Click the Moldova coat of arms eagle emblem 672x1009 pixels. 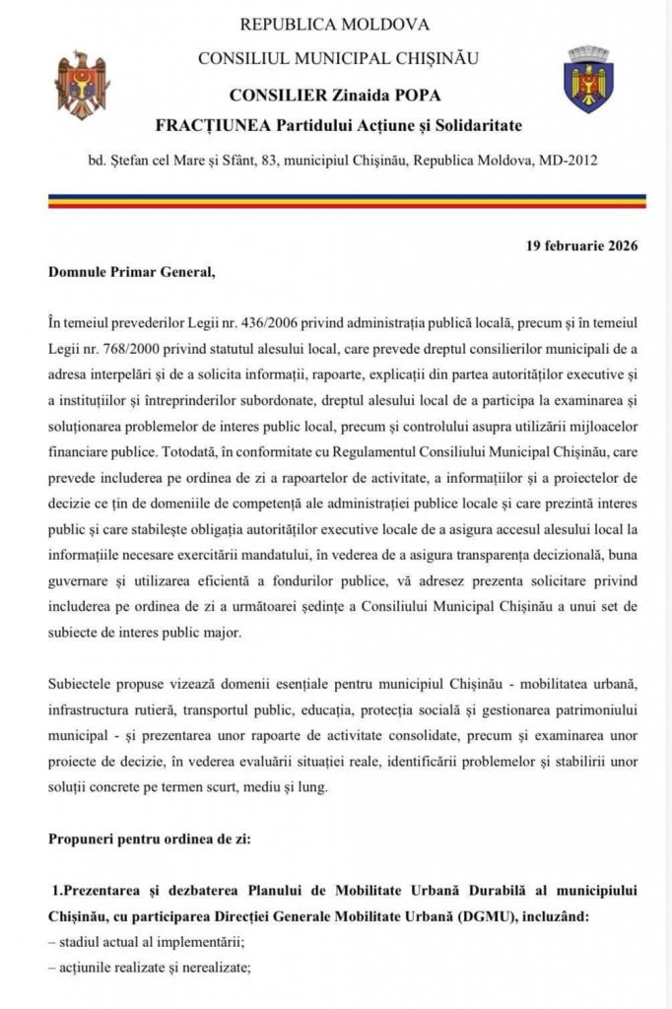(83, 85)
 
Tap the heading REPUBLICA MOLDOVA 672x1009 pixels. (335, 24)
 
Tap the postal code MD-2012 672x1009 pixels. (570, 160)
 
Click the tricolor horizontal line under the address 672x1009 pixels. (335, 200)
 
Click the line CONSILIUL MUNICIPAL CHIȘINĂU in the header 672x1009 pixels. (338, 58)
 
